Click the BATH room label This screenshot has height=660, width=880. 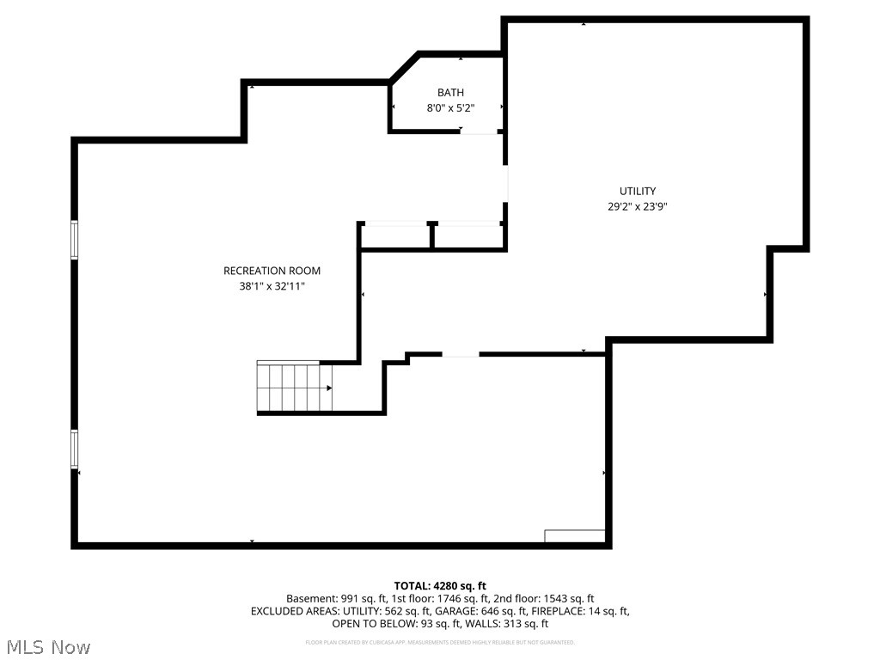(x=450, y=93)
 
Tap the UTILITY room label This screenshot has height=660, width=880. (x=638, y=191)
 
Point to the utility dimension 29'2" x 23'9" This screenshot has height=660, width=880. (x=638, y=206)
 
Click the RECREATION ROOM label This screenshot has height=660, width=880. (x=272, y=271)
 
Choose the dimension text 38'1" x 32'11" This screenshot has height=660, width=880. (x=272, y=286)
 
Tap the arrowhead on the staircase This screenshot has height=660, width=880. (x=328, y=388)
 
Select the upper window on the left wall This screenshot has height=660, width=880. (x=75, y=240)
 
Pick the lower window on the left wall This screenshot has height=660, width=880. (x=75, y=449)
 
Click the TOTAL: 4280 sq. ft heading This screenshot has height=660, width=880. (x=440, y=586)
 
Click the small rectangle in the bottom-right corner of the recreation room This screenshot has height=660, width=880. (x=575, y=536)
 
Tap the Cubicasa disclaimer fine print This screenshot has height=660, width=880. (x=440, y=642)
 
